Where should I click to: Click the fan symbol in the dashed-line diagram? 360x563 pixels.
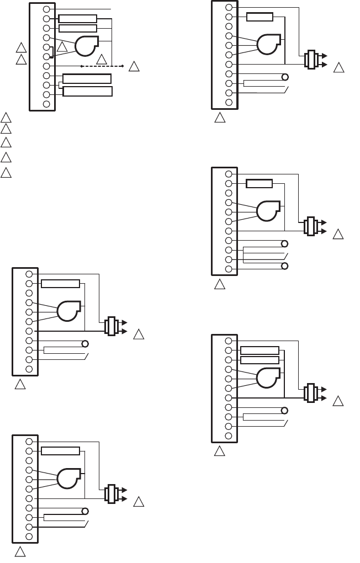point(86,46)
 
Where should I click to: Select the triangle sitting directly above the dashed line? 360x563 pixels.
point(101,59)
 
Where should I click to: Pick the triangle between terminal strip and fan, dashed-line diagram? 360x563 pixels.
point(62,46)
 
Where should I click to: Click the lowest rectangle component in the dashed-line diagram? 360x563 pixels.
point(88,91)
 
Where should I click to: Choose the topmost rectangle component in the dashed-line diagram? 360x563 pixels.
point(77,19)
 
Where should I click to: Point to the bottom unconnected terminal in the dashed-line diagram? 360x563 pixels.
point(46,104)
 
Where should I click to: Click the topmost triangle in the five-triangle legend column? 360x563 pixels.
point(6,117)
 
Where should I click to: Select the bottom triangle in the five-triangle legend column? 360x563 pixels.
point(6,172)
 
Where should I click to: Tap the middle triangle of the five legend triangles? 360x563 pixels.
point(6,143)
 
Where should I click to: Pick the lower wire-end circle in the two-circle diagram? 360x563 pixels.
point(285,266)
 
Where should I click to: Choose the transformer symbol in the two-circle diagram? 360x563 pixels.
point(310,226)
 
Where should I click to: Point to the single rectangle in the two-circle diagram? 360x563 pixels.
point(259,184)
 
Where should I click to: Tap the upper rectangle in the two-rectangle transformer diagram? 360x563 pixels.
point(260,350)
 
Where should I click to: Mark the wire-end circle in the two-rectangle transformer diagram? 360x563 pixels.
point(285,411)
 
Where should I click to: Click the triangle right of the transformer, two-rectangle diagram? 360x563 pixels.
point(338,401)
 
